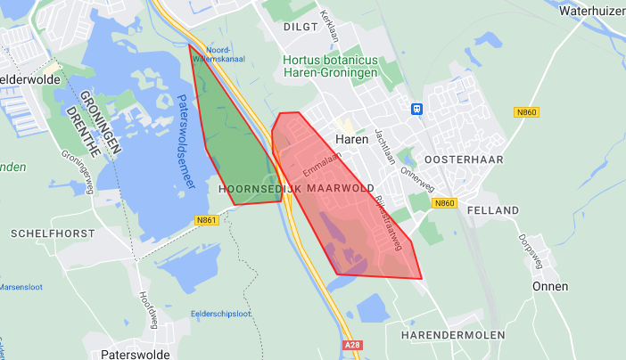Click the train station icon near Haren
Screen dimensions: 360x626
tap(416, 109)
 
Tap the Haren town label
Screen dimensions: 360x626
tap(352, 139)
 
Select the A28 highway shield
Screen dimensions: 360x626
tap(352, 342)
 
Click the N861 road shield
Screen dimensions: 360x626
tap(209, 220)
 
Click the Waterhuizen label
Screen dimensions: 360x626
tap(592, 12)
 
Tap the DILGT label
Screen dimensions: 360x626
tap(301, 27)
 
